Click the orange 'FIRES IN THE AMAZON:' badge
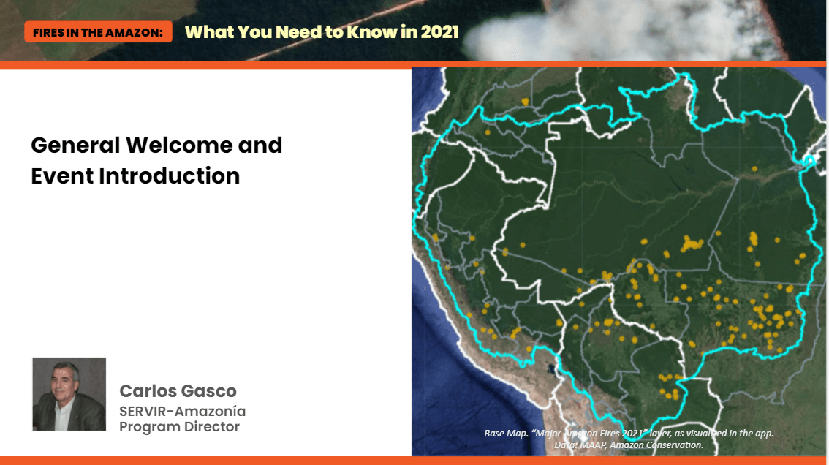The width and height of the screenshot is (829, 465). [99, 31]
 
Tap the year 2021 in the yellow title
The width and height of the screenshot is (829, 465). [439, 31]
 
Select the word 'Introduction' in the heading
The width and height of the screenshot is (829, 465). [169, 175]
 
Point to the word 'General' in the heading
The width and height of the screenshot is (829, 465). [75, 145]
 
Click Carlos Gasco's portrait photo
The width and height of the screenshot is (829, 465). [69, 394]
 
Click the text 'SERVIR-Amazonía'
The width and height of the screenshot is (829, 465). [183, 411]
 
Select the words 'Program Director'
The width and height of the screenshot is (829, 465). [179, 426]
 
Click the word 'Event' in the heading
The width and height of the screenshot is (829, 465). [62, 175]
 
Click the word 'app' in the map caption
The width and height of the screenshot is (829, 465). [764, 434]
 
